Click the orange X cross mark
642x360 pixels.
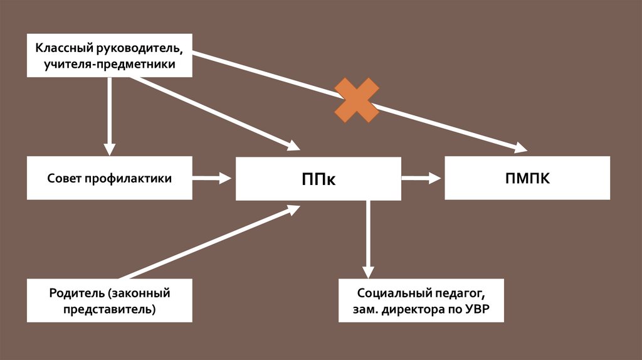[x=357, y=100]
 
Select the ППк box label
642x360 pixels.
[x=318, y=179]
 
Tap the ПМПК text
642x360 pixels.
[x=527, y=178]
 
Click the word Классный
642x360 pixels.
[x=63, y=48]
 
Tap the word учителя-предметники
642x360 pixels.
[x=109, y=64]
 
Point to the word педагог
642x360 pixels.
[x=458, y=293]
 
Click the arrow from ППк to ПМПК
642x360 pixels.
[x=421, y=179]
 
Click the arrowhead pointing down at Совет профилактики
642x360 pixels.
[x=110, y=148]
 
